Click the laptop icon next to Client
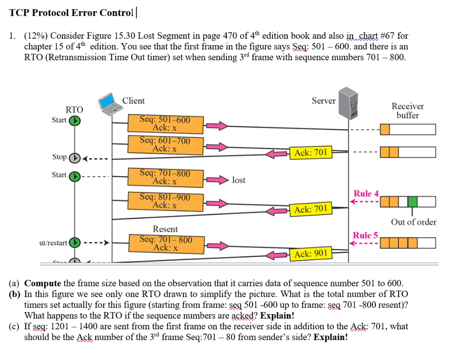pos(110,104)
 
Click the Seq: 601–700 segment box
pos(165,145)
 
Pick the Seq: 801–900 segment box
pos(165,201)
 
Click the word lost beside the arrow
pos(239,180)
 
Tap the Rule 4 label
pos(366,194)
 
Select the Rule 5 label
pos(366,235)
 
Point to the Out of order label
pos(413,222)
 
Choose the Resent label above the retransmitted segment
pos(165,229)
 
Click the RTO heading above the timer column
pos(74,109)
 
